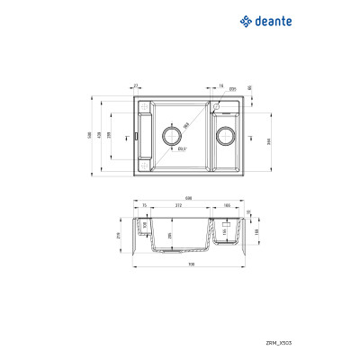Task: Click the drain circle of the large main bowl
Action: coord(172,136)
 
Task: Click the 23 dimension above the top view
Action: coord(135,85)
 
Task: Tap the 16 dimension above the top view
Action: coord(220,85)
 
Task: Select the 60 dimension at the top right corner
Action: coord(249,88)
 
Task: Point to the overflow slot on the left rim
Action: coord(135,137)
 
